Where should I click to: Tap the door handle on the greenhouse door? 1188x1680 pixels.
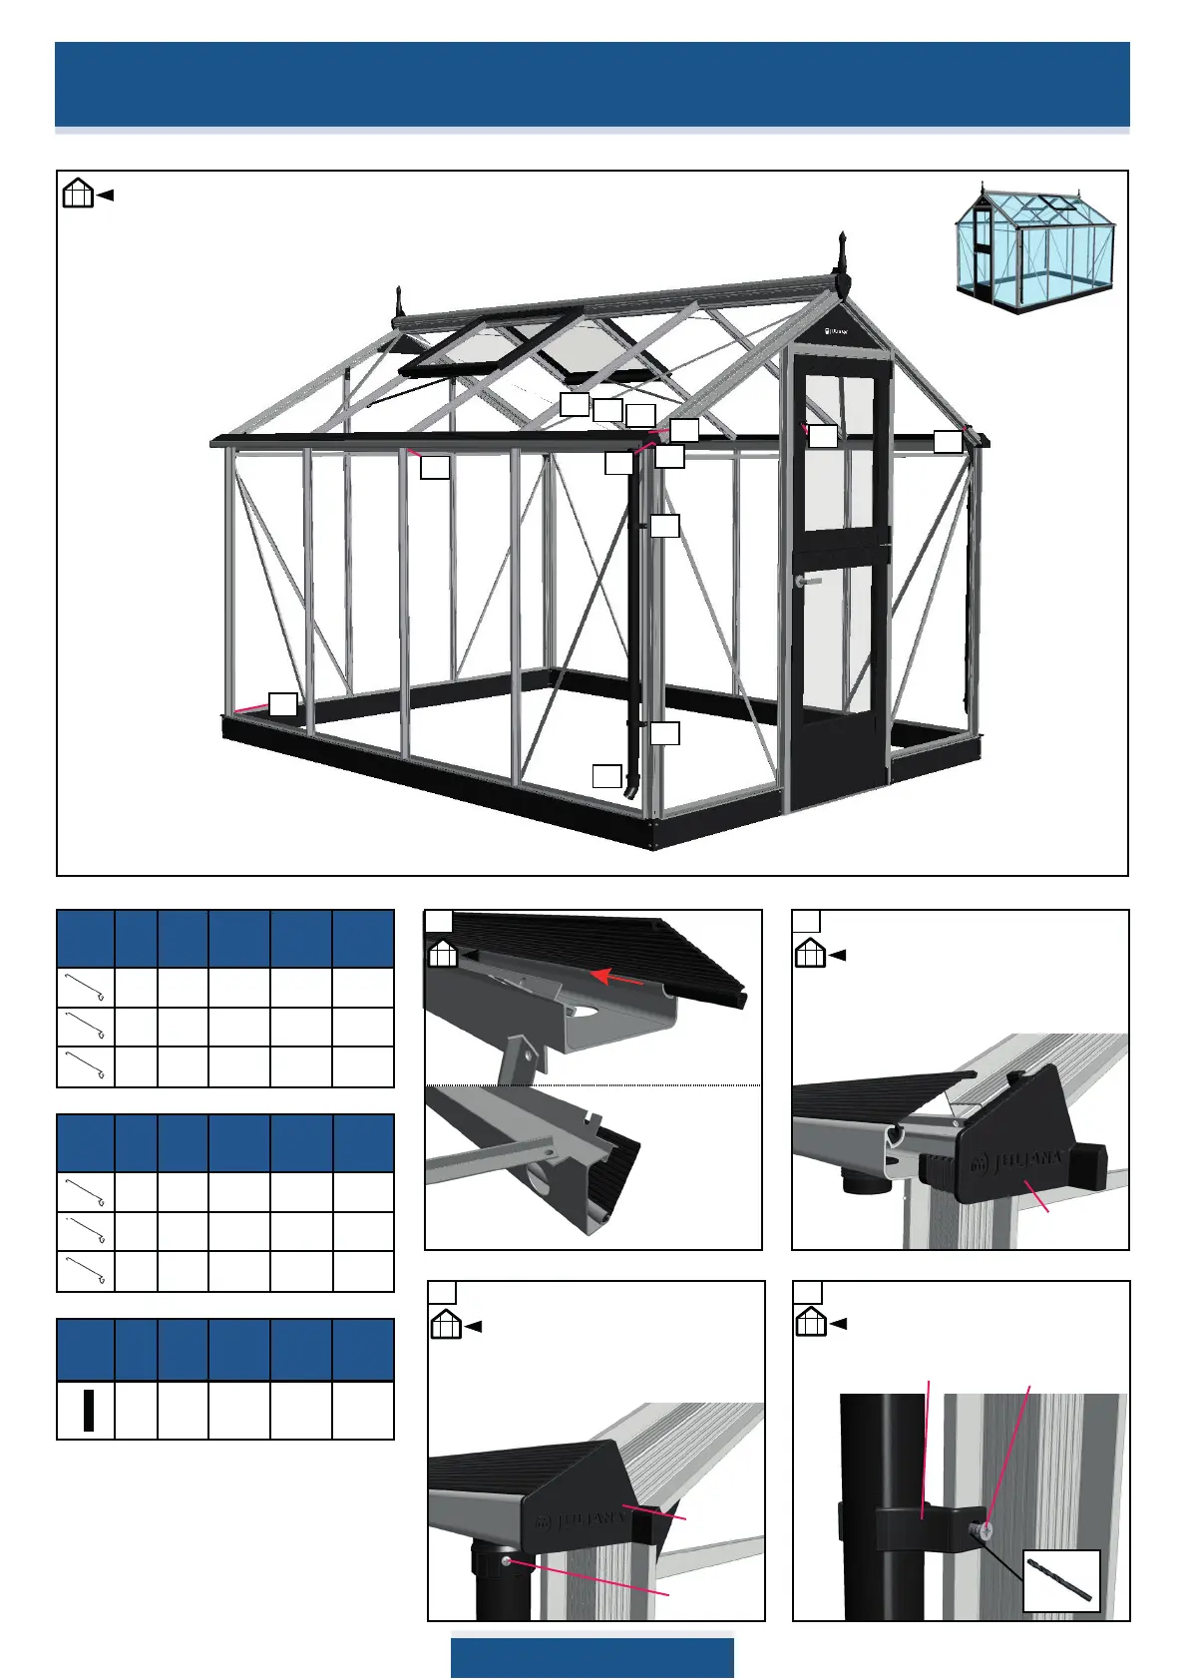(808, 580)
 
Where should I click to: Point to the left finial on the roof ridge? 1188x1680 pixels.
(401, 300)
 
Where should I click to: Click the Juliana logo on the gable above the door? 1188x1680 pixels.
(839, 330)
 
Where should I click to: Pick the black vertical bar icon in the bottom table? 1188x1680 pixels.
(88, 1410)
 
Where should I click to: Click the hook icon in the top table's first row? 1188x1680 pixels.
(86, 988)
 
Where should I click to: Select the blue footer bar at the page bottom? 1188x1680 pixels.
(592, 1656)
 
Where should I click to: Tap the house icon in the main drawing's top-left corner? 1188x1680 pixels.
(78, 193)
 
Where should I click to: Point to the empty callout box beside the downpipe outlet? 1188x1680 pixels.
(606, 775)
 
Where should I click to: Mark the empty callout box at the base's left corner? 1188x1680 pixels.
(283, 703)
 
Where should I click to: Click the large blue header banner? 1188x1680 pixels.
(592, 84)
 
